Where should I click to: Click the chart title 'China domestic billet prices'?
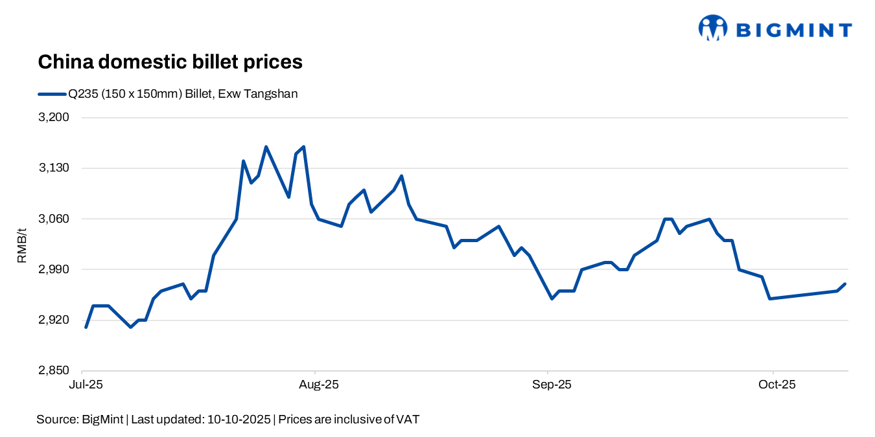click(170, 62)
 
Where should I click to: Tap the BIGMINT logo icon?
click(712, 28)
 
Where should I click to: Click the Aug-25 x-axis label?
click(318, 385)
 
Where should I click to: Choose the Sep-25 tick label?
click(552, 385)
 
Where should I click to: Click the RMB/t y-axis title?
click(22, 245)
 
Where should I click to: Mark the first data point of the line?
click(86, 327)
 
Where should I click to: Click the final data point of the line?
click(845, 284)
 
